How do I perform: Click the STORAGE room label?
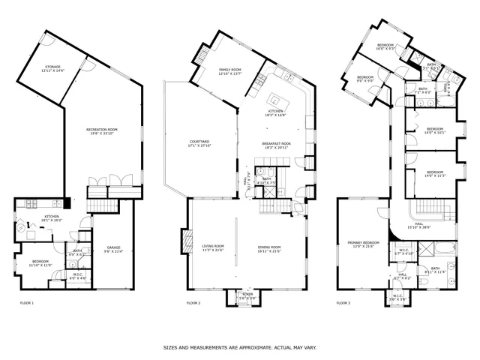(x=52, y=68)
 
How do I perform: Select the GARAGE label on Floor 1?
(x=113, y=249)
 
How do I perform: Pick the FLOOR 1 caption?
(x=26, y=303)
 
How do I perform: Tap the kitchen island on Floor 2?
(x=275, y=99)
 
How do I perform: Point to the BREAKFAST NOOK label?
(x=276, y=145)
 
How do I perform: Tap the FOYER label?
(x=241, y=295)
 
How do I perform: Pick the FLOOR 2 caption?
(x=193, y=303)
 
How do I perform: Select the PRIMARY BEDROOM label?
(x=363, y=244)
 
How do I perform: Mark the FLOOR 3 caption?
(x=343, y=303)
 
